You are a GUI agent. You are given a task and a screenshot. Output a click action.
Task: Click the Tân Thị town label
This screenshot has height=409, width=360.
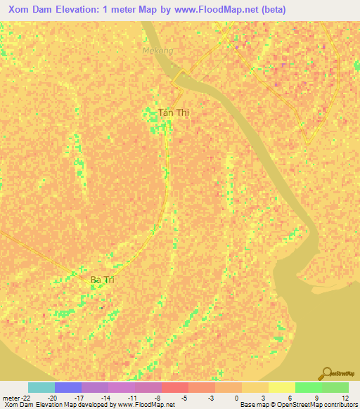[174, 112]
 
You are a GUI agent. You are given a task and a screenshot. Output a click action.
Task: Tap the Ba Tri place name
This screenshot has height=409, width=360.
[103, 280]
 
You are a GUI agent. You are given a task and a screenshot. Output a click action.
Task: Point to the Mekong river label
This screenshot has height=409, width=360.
[157, 51]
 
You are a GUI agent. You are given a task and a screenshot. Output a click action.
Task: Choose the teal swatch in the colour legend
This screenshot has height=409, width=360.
[41, 387]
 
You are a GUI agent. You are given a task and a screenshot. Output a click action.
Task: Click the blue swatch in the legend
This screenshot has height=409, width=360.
[67, 387]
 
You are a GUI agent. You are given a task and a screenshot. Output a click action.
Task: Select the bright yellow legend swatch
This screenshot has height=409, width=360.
[281, 387]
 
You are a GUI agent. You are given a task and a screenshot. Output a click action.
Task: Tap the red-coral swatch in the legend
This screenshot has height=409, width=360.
[174, 387]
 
